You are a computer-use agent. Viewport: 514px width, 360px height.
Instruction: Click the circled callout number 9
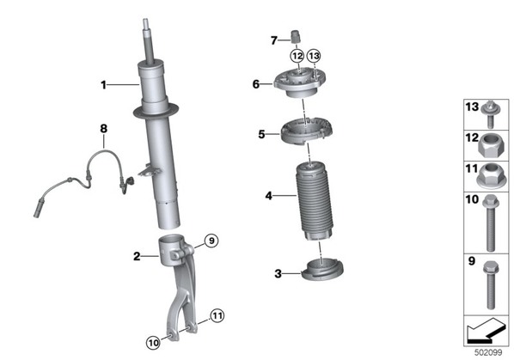click(x=211, y=241)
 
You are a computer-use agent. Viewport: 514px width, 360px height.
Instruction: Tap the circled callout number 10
click(x=153, y=343)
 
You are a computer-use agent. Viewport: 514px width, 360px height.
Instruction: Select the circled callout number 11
click(x=217, y=316)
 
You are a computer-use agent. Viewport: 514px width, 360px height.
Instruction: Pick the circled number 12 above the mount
click(x=297, y=56)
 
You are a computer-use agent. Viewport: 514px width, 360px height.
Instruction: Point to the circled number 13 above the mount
click(x=314, y=56)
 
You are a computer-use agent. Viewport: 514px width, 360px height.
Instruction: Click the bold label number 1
click(x=104, y=85)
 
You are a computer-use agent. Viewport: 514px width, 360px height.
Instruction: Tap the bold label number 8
click(x=104, y=128)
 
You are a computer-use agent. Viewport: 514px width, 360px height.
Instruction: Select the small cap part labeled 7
click(x=297, y=36)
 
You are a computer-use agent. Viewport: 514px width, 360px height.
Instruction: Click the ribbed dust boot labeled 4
click(x=315, y=201)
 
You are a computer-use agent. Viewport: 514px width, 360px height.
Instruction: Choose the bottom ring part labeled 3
click(x=322, y=270)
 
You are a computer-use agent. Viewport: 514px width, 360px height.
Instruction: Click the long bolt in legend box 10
click(x=491, y=223)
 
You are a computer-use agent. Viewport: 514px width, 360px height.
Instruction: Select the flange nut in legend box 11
click(x=492, y=176)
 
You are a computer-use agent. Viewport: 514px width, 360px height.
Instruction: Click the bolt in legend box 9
click(x=491, y=285)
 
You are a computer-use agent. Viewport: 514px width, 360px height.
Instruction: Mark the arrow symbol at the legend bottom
click(x=486, y=331)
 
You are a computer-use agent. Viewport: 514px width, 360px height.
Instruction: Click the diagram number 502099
click(x=488, y=352)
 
